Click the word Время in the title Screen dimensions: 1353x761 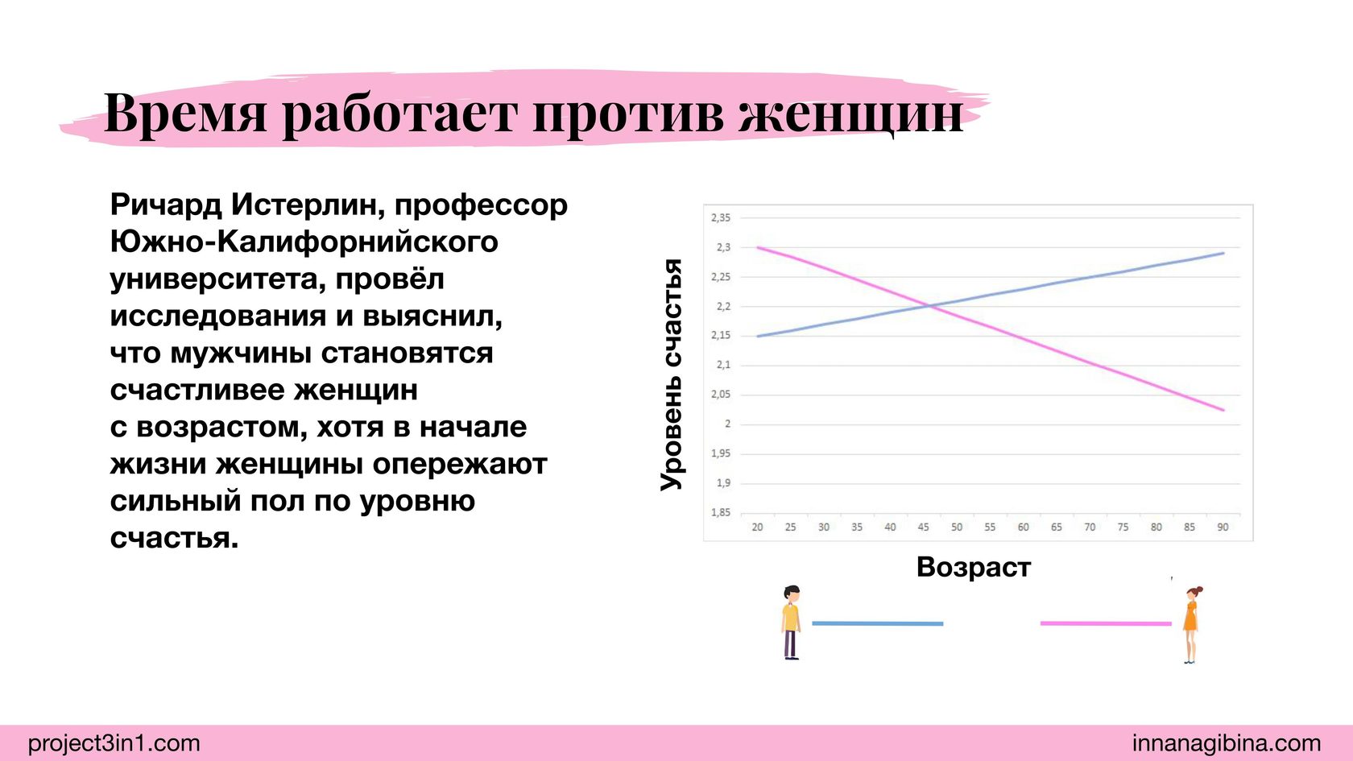(185, 113)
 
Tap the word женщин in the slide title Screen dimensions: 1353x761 (851, 114)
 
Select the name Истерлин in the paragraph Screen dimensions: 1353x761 (308, 205)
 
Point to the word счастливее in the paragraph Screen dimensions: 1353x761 (197, 390)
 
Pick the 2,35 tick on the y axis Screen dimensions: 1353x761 (721, 218)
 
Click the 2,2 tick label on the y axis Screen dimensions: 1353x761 (723, 306)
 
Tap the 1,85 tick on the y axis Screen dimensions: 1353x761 (721, 513)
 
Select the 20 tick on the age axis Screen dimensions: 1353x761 (757, 527)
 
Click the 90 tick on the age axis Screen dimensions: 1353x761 (1223, 527)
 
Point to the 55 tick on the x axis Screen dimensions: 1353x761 (990, 527)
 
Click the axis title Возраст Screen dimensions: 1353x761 (974, 567)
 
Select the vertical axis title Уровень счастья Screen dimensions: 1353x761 (672, 374)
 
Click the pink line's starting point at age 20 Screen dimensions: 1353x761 (757, 248)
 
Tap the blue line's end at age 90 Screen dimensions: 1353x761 (1224, 253)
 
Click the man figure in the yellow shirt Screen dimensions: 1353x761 (791, 622)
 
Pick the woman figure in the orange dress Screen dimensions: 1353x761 (1191, 625)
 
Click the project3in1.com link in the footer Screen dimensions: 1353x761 (114, 742)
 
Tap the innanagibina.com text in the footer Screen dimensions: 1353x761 (1227, 742)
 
